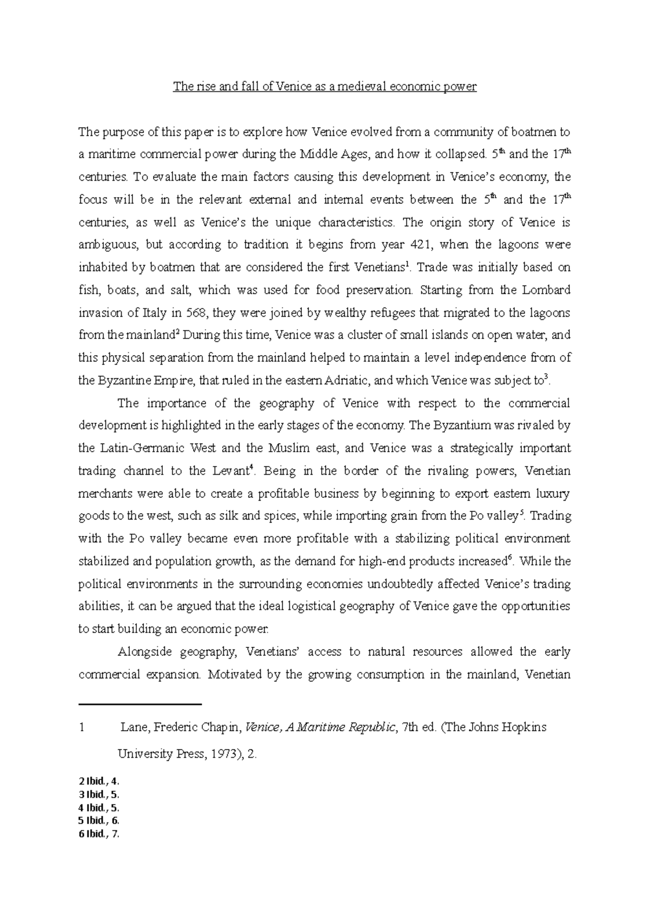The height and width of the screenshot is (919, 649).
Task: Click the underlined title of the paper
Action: coord(325,87)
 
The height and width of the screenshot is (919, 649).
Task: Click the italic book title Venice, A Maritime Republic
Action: coord(320,728)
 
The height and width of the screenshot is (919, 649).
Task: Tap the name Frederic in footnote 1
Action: coord(175,728)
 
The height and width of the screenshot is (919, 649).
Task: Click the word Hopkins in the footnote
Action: coord(524,728)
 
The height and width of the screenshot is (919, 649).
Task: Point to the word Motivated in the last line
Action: coord(234,675)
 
